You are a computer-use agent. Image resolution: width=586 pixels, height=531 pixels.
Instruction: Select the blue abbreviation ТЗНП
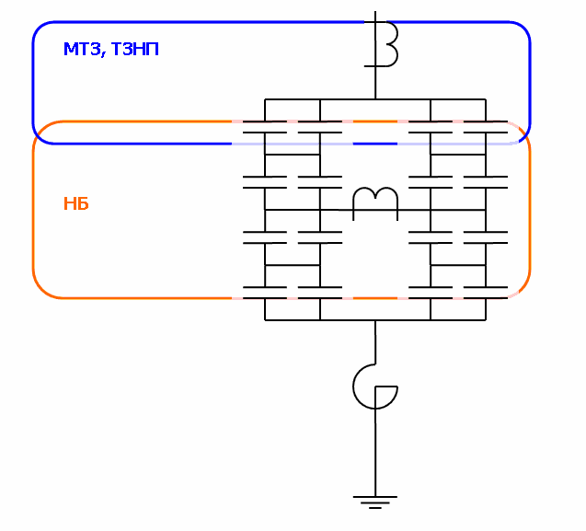point(134,50)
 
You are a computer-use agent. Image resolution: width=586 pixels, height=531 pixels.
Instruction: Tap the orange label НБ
point(75,203)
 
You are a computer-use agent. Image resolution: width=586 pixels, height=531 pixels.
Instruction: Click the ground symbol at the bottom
point(375,502)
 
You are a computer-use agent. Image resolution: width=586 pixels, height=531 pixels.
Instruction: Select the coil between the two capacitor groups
point(375,199)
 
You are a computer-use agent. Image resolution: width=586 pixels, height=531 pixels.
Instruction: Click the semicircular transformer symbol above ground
point(375,387)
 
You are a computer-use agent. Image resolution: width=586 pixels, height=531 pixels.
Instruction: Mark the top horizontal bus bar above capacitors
point(375,98)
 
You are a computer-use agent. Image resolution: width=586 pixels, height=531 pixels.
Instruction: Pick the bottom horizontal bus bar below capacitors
point(375,319)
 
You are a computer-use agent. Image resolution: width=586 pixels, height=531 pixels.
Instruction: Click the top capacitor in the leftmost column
point(265,127)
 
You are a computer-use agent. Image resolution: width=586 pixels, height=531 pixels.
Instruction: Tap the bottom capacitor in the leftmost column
point(265,293)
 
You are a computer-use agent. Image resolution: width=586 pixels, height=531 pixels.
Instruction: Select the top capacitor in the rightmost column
point(486,127)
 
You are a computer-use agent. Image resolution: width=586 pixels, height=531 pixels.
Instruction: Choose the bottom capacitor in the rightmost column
point(486,293)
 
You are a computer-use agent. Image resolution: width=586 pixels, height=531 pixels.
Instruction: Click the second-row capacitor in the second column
point(320,182)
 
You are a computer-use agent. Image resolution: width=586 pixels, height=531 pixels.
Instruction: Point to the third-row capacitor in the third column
point(431,237)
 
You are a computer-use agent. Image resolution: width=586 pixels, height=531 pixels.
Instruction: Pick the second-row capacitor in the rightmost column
point(486,182)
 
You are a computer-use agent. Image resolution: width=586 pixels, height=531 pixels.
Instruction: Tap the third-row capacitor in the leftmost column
point(265,237)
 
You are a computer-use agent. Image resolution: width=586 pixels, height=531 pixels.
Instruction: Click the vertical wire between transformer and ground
point(375,451)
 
